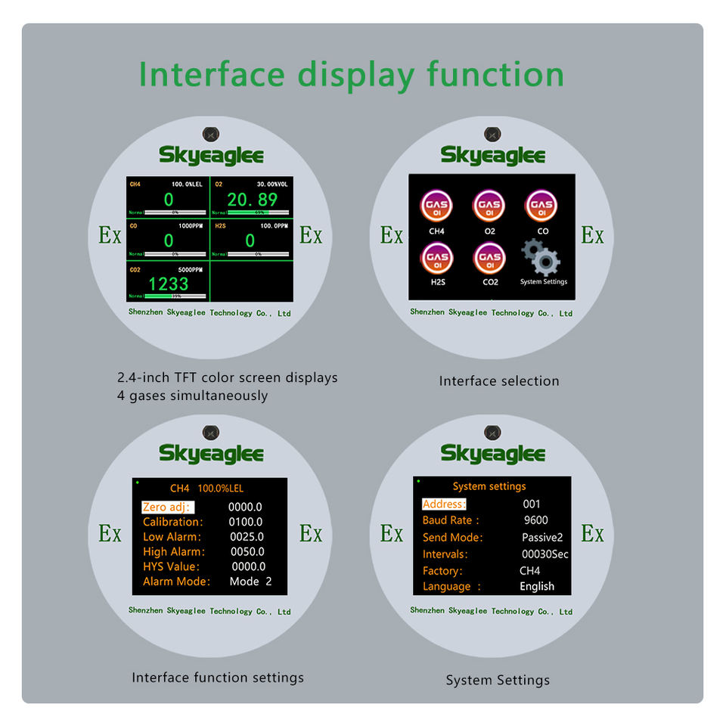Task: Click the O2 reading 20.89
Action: (252, 200)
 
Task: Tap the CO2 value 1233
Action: (168, 284)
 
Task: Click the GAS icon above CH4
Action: (437, 205)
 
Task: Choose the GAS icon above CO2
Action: (489, 258)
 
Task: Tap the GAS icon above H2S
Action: (437, 258)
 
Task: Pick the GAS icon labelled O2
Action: (489, 205)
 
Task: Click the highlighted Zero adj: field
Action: (167, 507)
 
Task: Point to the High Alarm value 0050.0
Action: (247, 552)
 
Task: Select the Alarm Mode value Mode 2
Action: (250, 582)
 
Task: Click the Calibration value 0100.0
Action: (246, 522)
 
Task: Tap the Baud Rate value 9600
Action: (535, 520)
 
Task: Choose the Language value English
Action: (537, 586)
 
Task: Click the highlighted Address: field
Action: (444, 504)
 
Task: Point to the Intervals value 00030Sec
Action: (545, 554)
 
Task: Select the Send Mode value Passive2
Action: (542, 538)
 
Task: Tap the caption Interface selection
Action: (499, 381)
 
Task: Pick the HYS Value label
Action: (171, 566)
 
